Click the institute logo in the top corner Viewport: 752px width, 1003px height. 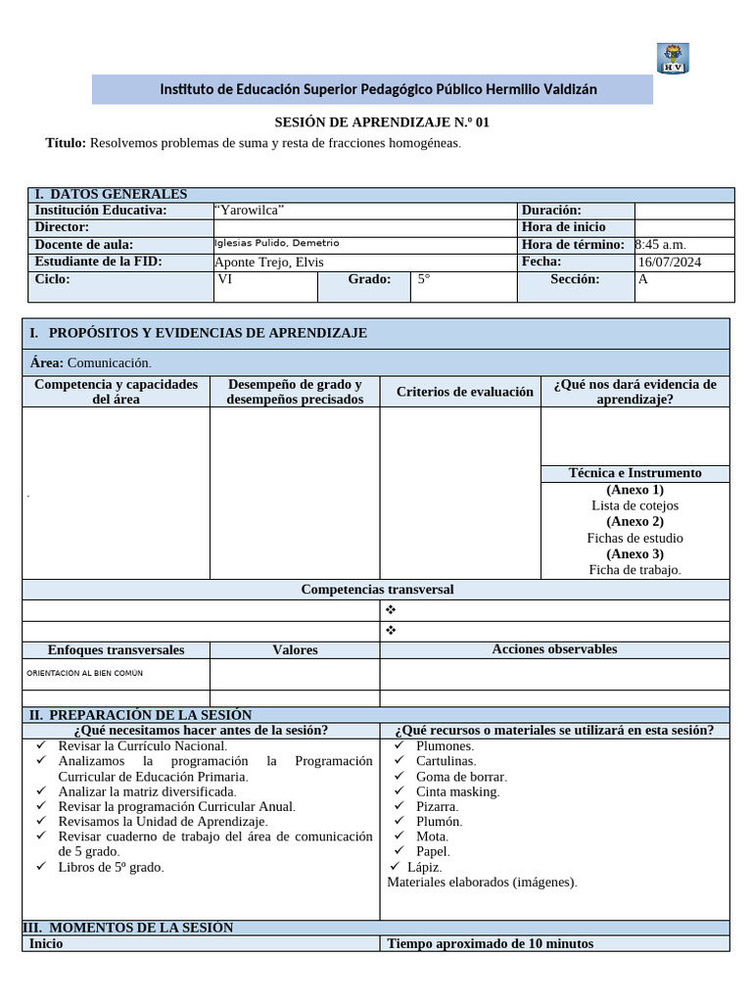[x=672, y=58]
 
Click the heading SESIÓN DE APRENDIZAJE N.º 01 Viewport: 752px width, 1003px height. [x=380, y=122]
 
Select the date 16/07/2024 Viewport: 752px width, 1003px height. [x=670, y=263]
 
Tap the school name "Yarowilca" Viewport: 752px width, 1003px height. [x=251, y=211]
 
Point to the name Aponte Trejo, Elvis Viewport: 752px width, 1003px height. [x=269, y=263]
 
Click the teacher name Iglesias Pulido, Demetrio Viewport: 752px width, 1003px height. [x=276, y=244]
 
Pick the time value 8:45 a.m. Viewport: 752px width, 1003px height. [x=662, y=245]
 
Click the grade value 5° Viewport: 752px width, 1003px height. [x=424, y=279]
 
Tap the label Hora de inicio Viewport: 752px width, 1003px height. [x=563, y=227]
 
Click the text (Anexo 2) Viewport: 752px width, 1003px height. [x=634, y=522]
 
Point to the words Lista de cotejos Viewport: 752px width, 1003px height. [x=634, y=505]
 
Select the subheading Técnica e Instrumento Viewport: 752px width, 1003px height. [x=634, y=473]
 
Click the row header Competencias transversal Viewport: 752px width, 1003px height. [x=377, y=590]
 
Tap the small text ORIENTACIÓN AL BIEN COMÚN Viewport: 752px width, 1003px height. [x=84, y=674]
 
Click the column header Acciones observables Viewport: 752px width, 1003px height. [x=554, y=649]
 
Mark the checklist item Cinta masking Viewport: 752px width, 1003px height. [x=457, y=791]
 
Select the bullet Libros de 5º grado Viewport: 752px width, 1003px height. [x=111, y=867]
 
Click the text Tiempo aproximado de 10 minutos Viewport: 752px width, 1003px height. [x=490, y=944]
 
